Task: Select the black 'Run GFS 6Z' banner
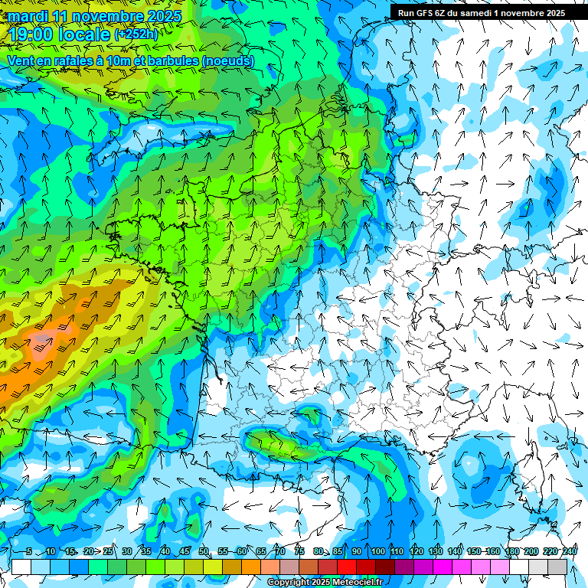point(481,12)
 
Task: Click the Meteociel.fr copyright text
point(325,583)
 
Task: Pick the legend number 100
point(377,552)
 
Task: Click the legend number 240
point(569,552)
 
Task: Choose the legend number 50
point(203,552)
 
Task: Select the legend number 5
point(29,552)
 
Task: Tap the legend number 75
point(299,552)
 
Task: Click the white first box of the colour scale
point(21,567)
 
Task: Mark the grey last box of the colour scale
point(557,567)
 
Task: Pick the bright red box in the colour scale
point(347,567)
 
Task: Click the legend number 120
point(416,552)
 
